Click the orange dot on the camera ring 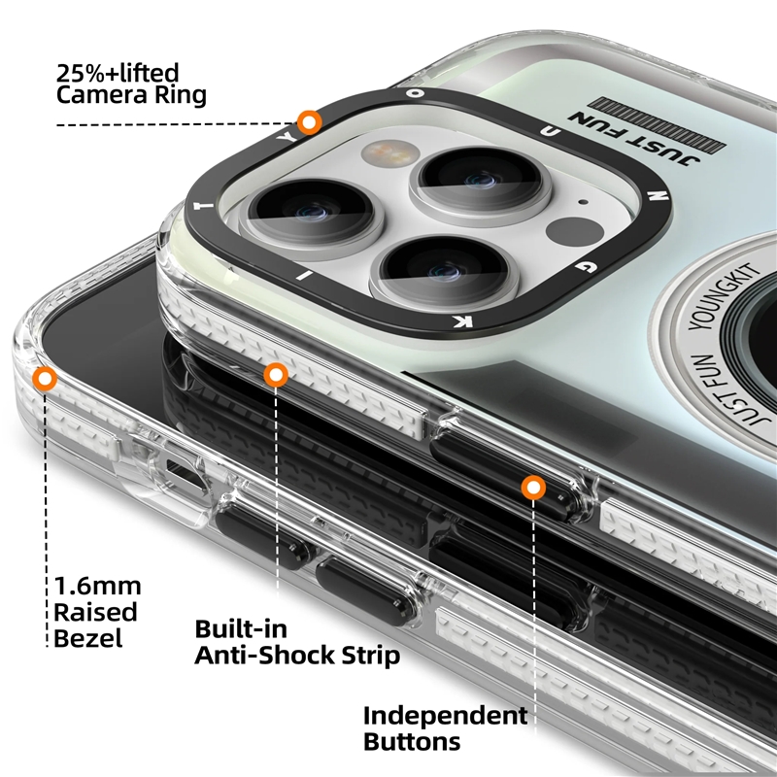click(x=309, y=122)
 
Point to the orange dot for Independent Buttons click(x=532, y=488)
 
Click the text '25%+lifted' click(x=118, y=73)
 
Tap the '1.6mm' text click(x=97, y=587)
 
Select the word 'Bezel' click(x=88, y=638)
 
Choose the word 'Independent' click(x=445, y=717)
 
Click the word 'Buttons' click(x=412, y=743)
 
